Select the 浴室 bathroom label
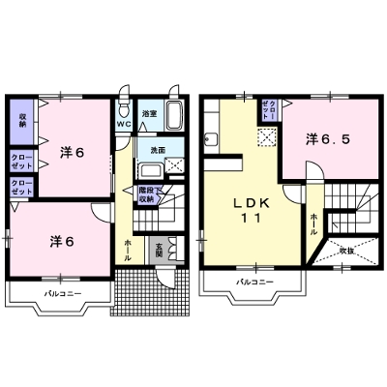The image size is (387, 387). click(x=149, y=114)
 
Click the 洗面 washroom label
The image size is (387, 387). click(x=155, y=150)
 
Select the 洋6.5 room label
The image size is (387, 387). click(x=328, y=139)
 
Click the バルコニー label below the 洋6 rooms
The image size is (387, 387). click(x=61, y=291)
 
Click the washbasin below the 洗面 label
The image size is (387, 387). click(x=152, y=170)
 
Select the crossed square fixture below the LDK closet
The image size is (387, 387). click(x=263, y=139)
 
